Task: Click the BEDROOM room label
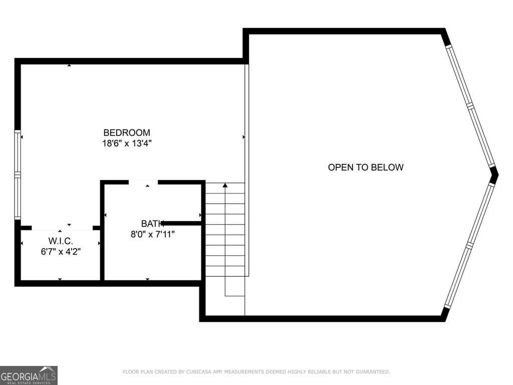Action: pos(127,133)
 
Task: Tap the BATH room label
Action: pos(152,224)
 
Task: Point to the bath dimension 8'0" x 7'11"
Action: pos(152,234)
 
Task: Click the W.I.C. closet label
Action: pos(61,241)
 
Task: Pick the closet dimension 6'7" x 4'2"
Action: pos(61,252)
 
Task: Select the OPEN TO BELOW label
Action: pos(365,167)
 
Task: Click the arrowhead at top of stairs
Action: pos(225,186)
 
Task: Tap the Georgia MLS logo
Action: pos(29,375)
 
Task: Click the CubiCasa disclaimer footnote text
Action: pos(256,371)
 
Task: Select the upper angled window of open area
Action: pos(470,105)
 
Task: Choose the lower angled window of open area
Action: pos(469,245)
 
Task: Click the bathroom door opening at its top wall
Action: pos(143,182)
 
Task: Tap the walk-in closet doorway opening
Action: pos(62,229)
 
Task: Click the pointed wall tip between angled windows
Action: pos(494,175)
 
